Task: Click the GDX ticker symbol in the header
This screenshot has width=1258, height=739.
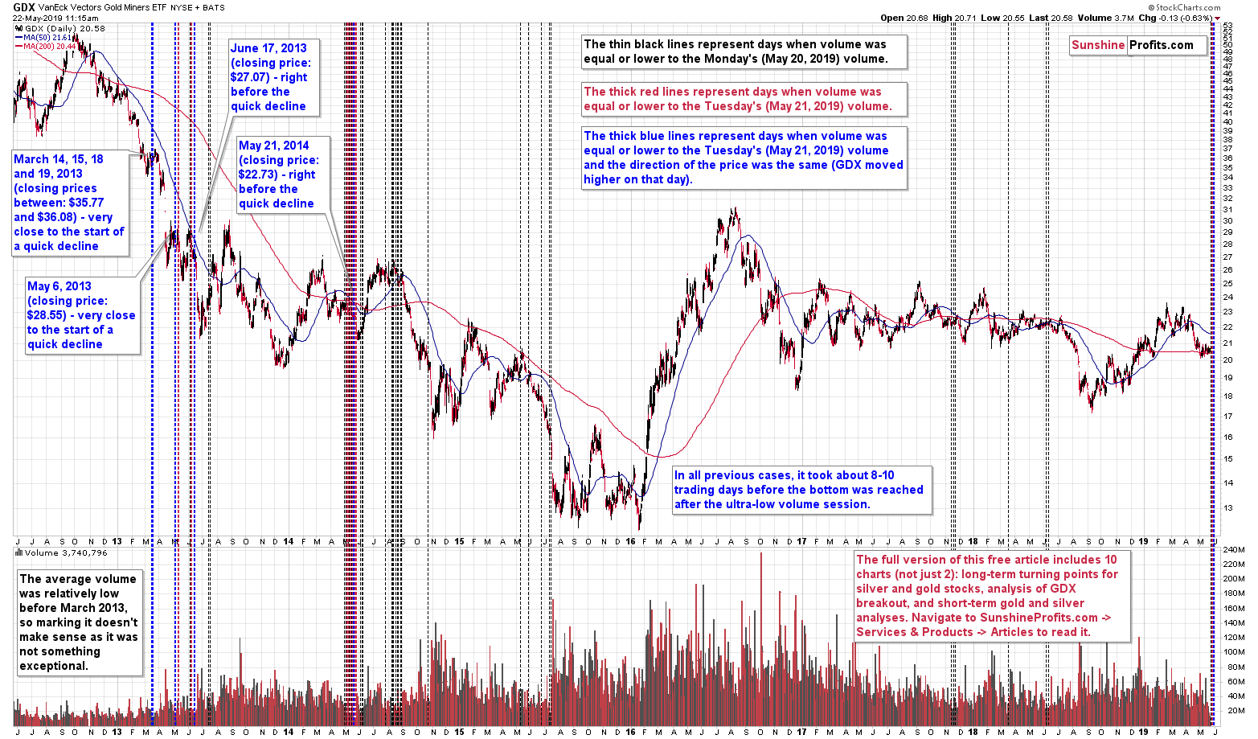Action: click(24, 6)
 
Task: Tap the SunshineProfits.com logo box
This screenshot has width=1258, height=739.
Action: click(1138, 45)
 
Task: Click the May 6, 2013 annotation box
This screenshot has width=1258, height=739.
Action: click(81, 315)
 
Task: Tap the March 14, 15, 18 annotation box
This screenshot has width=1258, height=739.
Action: click(69, 203)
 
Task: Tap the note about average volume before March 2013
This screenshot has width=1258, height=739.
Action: click(79, 622)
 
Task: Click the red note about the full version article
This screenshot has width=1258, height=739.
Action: click(993, 596)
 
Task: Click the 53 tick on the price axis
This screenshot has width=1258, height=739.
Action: click(1227, 26)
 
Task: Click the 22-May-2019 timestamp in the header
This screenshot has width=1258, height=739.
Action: click(55, 18)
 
